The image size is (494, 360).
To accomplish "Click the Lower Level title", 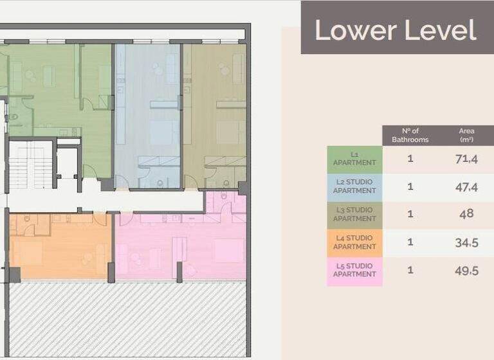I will pyautogui.click(x=396, y=30).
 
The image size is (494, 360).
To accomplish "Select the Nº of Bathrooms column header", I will pyautogui.click(x=410, y=136).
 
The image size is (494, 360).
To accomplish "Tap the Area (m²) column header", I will pyautogui.click(x=467, y=136).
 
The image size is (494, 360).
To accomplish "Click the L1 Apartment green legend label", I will pyautogui.click(x=354, y=159).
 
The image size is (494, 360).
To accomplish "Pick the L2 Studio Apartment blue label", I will pyautogui.click(x=354, y=186).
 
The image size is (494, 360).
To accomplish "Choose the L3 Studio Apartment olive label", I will pyautogui.click(x=354, y=214).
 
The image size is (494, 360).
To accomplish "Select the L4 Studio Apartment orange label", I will pyautogui.click(x=354, y=242).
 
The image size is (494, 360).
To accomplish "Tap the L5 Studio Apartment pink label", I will pyautogui.click(x=354, y=270).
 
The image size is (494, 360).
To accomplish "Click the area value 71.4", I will pyautogui.click(x=466, y=159).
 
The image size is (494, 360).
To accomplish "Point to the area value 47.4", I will pyautogui.click(x=466, y=187).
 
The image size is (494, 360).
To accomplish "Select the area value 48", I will pyautogui.click(x=466, y=214).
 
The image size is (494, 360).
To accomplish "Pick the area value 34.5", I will pyautogui.click(x=466, y=242).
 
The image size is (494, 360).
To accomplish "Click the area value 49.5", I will pyautogui.click(x=466, y=271).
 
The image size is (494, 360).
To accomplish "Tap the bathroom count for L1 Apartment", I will pyautogui.click(x=410, y=159).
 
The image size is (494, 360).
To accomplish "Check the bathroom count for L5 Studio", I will pyautogui.click(x=410, y=270).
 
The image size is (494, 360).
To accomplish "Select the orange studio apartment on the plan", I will pyautogui.click(x=61, y=248).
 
